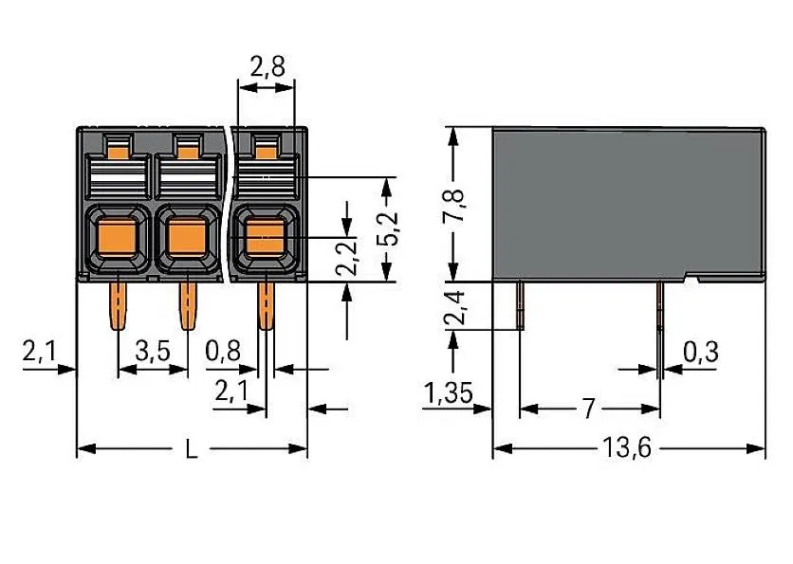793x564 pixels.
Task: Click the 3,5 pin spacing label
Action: (153, 353)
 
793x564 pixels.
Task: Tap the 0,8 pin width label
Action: (222, 353)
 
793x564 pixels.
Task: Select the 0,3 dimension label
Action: (699, 353)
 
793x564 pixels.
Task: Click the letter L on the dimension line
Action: (191, 449)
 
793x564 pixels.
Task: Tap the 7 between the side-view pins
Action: (588, 409)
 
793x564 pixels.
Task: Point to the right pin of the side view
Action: (659, 322)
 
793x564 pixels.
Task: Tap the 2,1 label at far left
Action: (39, 353)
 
